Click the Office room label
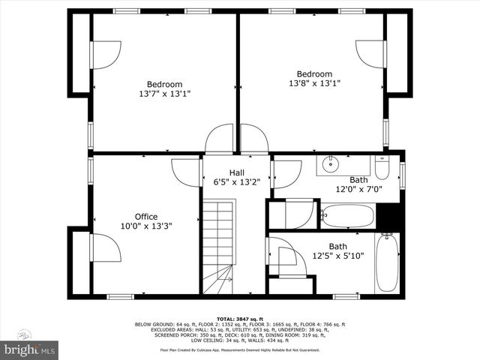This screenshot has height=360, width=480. (145, 217)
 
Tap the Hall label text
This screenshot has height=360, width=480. (236, 172)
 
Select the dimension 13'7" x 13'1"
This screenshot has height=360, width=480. (164, 94)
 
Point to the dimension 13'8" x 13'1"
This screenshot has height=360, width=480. (315, 83)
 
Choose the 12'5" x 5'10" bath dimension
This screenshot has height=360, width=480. (337, 256)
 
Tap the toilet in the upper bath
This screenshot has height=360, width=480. (382, 167)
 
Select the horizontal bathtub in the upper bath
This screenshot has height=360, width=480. (348, 216)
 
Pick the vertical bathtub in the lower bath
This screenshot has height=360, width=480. (386, 263)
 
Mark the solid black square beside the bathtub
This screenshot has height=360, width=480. (388, 215)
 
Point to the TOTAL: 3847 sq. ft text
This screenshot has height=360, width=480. (239, 318)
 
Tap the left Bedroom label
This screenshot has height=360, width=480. (164, 84)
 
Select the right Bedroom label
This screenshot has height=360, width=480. (315, 73)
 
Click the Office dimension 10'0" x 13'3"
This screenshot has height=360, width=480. (145, 226)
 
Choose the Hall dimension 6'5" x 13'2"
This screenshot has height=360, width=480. (236, 181)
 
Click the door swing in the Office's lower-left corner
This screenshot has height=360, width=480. (104, 248)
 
